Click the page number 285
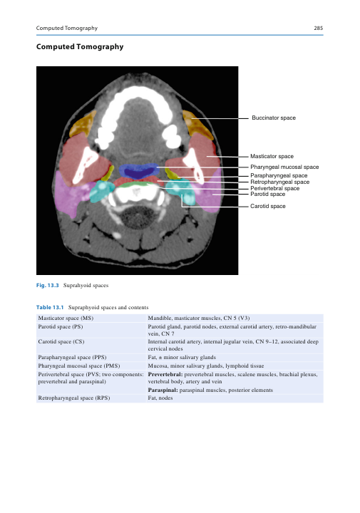[318, 28]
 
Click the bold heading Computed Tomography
[80, 47]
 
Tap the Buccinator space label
[274, 118]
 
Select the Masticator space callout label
[272, 156]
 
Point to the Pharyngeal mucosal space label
[284, 167]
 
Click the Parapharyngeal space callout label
[279, 175]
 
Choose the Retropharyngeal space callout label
[280, 182]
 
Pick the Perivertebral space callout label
[275, 188]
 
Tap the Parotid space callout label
[268, 194]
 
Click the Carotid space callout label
[268, 206]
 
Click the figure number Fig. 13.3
[48, 285]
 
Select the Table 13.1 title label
[50, 307]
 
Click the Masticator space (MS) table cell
[66, 318]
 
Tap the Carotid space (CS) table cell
[61, 341]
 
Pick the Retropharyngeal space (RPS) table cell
[74, 398]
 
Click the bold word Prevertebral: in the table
[165, 374]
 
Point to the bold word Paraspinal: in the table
[163, 390]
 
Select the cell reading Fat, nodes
[160, 398]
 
